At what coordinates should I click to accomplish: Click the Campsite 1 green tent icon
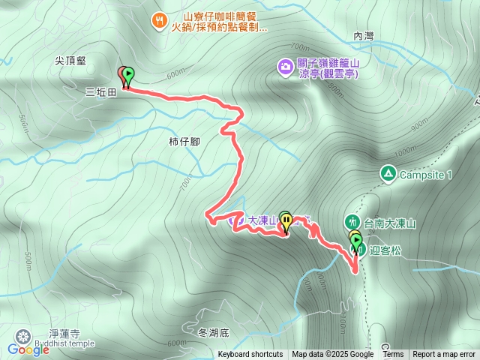(388, 175)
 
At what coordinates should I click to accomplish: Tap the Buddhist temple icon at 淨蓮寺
(24, 334)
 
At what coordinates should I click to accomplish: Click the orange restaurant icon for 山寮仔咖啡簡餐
(159, 20)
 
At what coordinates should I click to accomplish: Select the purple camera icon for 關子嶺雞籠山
(286, 67)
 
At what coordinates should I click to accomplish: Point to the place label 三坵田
(101, 93)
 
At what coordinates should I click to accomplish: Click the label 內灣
(363, 36)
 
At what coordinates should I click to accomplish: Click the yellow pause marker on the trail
(285, 220)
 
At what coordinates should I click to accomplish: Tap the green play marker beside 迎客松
(357, 242)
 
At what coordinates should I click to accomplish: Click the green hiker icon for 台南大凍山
(352, 222)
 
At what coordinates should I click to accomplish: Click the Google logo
(28, 349)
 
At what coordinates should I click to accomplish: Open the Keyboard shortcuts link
(250, 355)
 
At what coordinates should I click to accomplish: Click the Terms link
(393, 355)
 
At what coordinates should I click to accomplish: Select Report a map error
(444, 355)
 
